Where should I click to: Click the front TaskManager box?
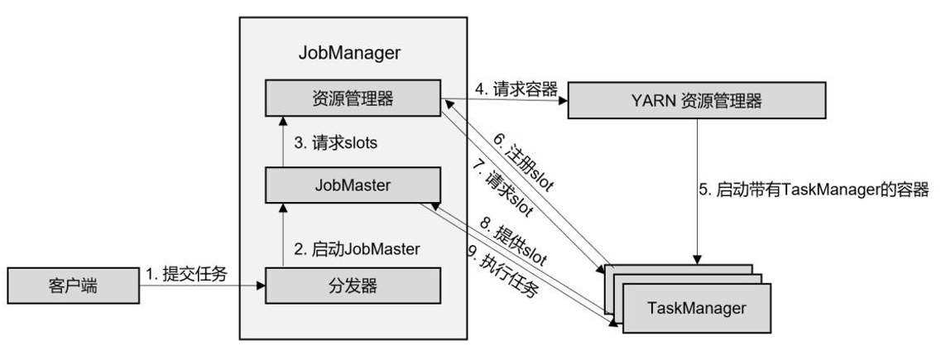point(696,308)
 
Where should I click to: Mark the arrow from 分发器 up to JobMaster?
point(283,237)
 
